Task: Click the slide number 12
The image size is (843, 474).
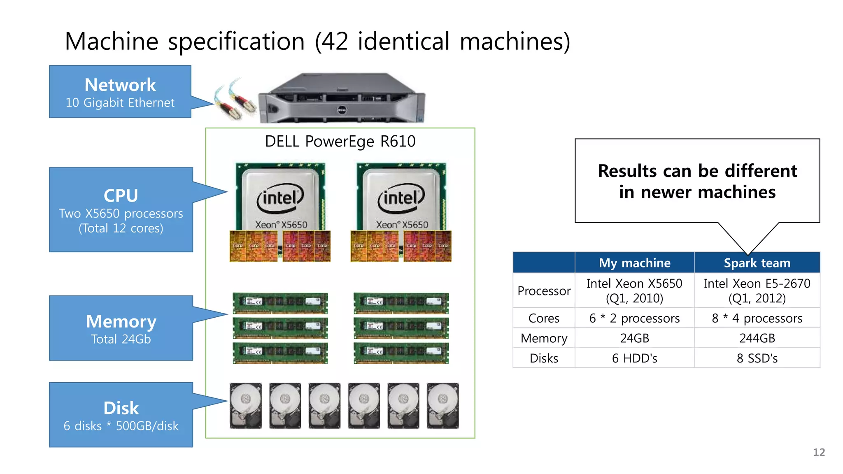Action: [x=819, y=452]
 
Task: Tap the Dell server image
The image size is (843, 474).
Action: [x=342, y=99]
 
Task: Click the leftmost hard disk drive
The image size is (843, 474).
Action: [x=246, y=406]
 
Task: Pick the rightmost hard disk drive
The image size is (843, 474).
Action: [x=442, y=406]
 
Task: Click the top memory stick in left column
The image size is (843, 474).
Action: [x=280, y=303]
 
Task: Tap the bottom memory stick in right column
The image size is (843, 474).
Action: [x=401, y=353]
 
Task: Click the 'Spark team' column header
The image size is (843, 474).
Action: [x=757, y=263]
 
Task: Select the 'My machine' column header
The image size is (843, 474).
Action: [x=634, y=263]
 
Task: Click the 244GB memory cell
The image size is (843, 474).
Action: [x=757, y=338]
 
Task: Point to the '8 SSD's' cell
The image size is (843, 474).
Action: [x=757, y=358]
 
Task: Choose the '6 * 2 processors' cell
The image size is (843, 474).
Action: [x=634, y=318]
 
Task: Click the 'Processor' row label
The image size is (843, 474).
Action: [x=544, y=291]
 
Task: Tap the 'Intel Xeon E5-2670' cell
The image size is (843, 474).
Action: [x=757, y=290]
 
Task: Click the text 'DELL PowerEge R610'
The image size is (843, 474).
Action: [x=340, y=141]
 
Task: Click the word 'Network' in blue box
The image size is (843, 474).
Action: [x=120, y=85]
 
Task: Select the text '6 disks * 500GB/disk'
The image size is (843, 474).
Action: [x=121, y=426]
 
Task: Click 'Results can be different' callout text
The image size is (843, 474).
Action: [x=697, y=181]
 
